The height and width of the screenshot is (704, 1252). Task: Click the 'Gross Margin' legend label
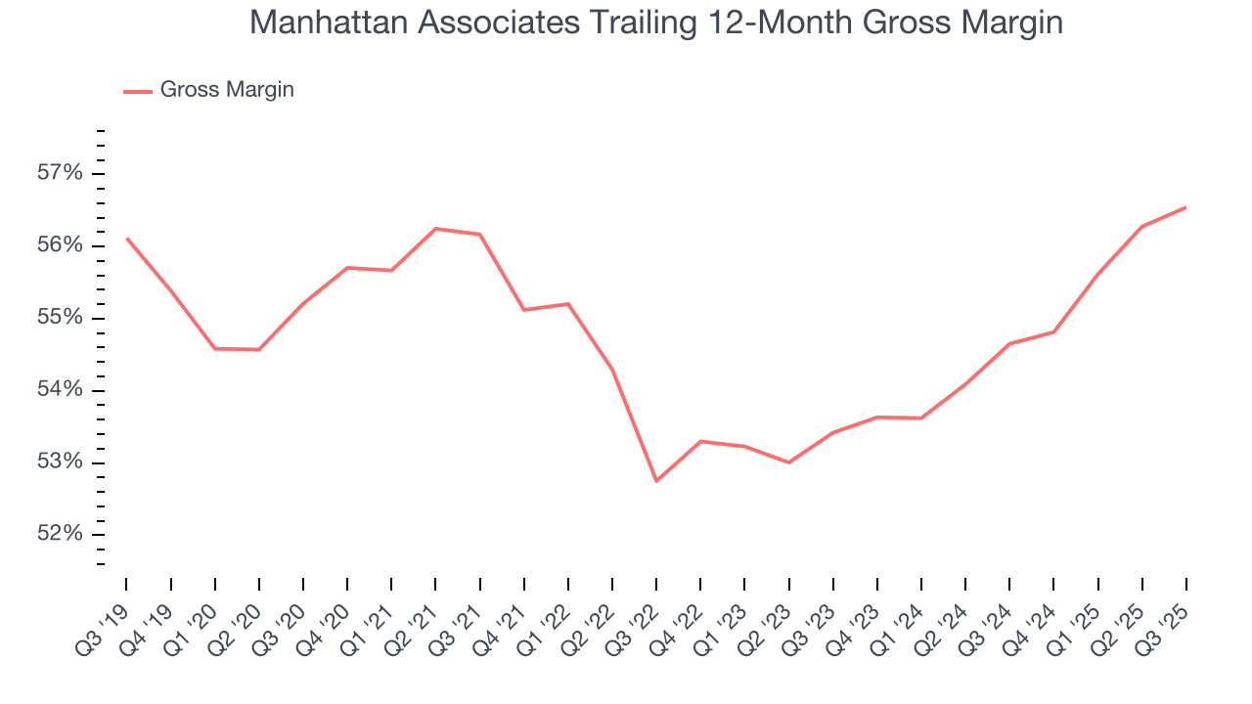click(227, 90)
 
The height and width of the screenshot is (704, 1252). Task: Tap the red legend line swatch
click(137, 91)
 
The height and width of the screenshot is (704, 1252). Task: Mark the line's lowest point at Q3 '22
click(656, 481)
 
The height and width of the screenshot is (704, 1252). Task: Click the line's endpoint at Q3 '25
click(1185, 207)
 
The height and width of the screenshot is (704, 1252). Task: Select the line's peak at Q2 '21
click(435, 229)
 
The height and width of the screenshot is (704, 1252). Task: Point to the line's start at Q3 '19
click(127, 238)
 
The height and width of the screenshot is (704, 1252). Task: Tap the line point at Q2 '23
click(788, 462)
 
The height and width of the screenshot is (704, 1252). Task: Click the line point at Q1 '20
click(215, 348)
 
